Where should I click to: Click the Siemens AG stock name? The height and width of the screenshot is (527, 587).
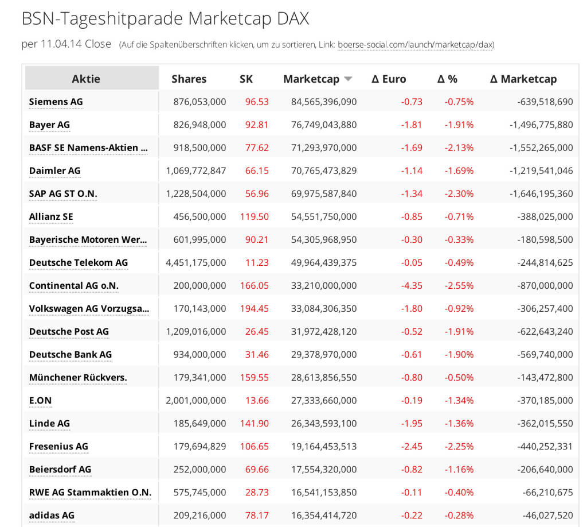click(56, 102)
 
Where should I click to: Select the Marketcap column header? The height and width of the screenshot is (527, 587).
click(311, 79)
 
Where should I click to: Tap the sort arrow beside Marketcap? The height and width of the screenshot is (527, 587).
click(348, 79)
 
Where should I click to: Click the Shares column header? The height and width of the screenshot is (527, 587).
click(189, 79)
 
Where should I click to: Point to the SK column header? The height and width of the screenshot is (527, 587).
click(246, 79)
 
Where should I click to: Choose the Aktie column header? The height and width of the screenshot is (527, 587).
click(86, 79)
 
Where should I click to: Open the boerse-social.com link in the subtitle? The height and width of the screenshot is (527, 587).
click(416, 45)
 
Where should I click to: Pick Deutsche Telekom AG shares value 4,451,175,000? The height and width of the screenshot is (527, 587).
click(196, 262)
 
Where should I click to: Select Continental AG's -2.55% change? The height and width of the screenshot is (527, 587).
click(459, 285)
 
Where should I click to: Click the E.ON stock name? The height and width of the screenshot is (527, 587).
click(40, 400)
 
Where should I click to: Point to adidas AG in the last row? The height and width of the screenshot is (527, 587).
click(52, 515)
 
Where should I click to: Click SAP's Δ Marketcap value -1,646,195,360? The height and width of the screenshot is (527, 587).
click(541, 193)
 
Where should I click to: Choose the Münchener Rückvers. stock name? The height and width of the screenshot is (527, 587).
click(78, 377)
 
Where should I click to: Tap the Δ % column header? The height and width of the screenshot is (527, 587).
click(447, 79)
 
